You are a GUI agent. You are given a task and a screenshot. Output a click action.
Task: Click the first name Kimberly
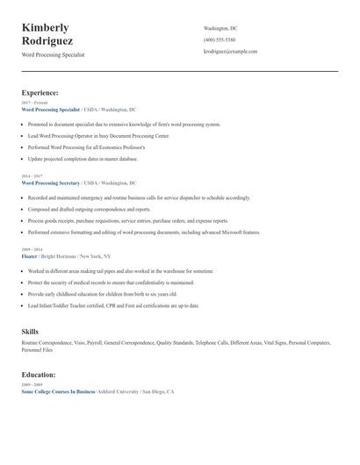[x=46, y=27]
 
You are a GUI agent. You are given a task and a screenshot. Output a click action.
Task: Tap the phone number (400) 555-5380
[x=219, y=39]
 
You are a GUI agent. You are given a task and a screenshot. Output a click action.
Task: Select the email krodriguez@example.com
[x=230, y=52]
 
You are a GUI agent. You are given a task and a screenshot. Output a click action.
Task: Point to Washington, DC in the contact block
[x=220, y=28]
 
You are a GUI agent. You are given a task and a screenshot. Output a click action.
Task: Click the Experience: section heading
[x=40, y=92]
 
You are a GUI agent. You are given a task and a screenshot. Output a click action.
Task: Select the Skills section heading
[x=30, y=331]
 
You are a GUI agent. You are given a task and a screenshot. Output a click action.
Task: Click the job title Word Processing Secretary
[x=51, y=183]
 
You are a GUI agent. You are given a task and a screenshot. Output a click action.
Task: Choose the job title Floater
[x=29, y=257]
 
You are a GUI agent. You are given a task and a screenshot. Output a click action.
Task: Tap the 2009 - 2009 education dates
[x=31, y=384]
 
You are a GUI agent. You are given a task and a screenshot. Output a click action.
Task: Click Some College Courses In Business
[x=58, y=391]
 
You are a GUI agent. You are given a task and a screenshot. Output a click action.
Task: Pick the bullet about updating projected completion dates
[x=83, y=159]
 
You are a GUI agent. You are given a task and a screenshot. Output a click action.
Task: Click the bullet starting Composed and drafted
[x=76, y=210]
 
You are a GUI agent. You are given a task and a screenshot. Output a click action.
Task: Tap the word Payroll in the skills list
[x=94, y=342]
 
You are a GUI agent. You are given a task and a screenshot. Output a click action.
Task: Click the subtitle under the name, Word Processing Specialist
[x=53, y=54]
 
